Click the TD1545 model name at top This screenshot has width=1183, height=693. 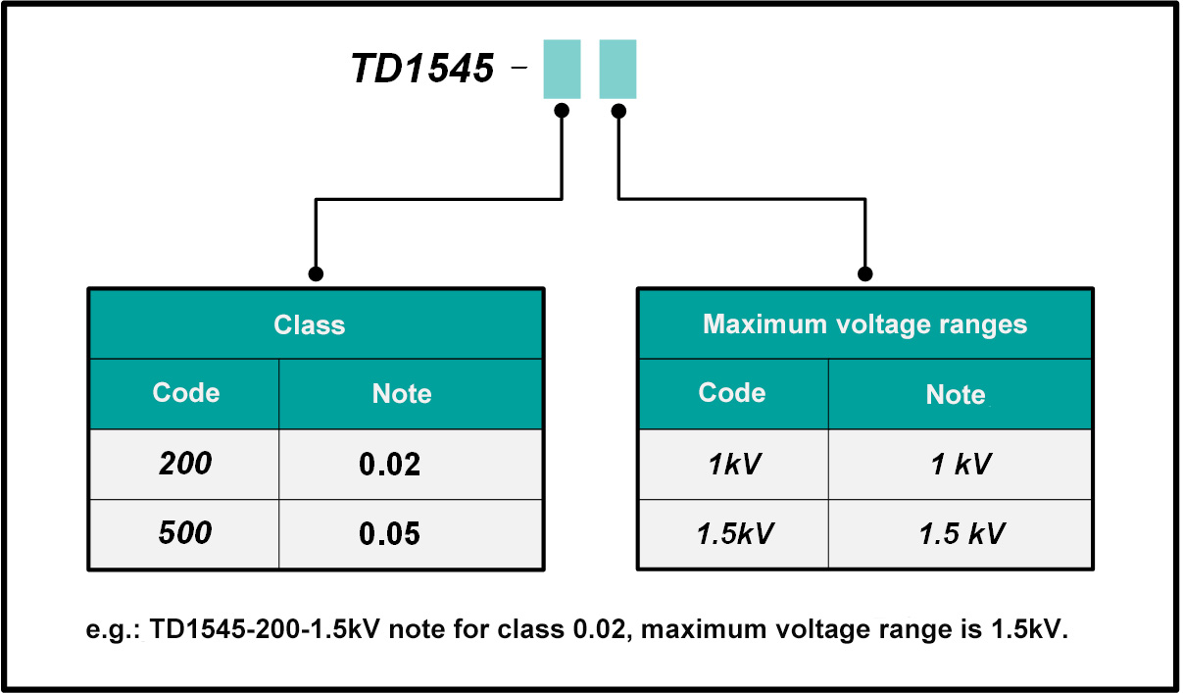422,69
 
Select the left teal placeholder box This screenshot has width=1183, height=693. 562,69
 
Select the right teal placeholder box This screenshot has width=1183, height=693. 617,69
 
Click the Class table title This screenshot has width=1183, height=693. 310,324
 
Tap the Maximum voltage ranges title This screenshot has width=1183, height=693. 864,324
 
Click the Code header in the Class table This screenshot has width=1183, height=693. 186,393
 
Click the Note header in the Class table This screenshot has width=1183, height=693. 402,394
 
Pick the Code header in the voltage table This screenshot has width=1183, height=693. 732,393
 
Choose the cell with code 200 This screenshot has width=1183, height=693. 185,464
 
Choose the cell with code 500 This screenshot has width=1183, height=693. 185,533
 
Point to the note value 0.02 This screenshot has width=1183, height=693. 390,465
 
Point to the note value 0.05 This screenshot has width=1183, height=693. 390,534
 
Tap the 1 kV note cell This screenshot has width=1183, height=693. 961,465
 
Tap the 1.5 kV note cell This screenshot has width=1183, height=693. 961,534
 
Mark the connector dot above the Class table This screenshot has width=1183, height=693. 315,273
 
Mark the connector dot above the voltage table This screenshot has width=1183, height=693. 864,273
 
